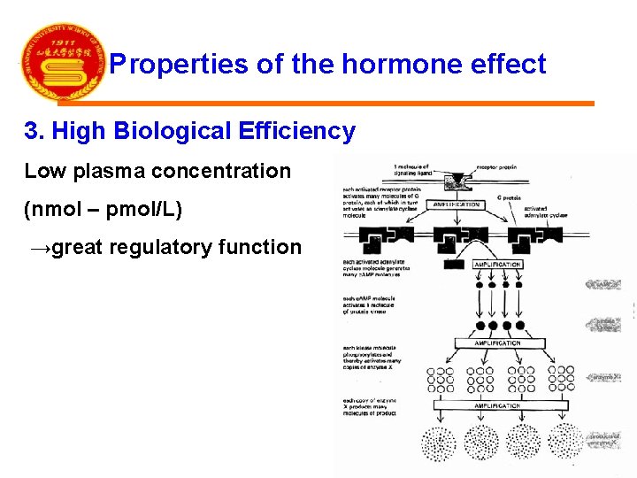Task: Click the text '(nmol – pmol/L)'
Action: [103, 210]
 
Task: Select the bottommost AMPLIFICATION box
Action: [497, 405]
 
